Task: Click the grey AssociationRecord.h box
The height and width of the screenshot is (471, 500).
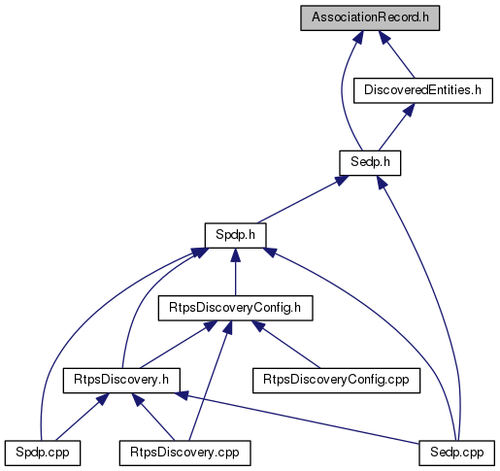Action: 370,17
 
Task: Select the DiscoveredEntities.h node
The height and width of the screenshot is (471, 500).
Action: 423,90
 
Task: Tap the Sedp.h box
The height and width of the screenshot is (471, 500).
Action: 370,163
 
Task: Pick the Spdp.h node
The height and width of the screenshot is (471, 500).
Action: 235,235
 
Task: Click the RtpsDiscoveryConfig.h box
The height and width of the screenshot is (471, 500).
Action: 235,308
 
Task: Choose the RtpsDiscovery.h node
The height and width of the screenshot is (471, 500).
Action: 121,381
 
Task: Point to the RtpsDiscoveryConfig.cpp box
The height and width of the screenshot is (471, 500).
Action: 336,381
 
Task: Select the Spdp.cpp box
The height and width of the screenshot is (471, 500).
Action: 43,453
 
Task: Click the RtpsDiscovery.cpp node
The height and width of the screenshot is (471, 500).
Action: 184,453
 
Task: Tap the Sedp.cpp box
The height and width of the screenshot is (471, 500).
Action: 456,453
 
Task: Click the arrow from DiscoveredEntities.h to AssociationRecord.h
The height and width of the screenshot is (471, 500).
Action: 397,54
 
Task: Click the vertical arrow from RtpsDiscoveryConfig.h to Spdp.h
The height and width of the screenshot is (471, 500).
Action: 235,272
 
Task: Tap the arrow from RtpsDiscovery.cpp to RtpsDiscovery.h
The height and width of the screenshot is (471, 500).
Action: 153,417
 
